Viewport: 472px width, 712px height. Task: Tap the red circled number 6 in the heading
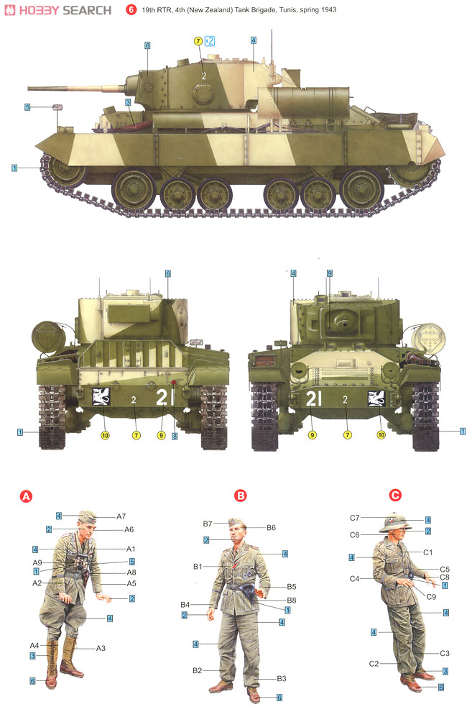(x=131, y=11)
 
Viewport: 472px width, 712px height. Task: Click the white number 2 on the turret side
(x=203, y=75)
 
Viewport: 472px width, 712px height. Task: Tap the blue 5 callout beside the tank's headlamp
(x=27, y=108)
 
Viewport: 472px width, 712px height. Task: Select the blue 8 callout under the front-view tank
(x=174, y=436)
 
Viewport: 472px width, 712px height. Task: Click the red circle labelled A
(x=26, y=496)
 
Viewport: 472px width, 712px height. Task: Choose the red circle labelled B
(x=241, y=496)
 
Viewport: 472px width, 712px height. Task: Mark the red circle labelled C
(x=394, y=496)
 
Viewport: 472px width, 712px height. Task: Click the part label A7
(x=121, y=516)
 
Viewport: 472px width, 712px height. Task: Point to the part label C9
(x=431, y=596)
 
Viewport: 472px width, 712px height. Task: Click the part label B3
(x=282, y=678)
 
